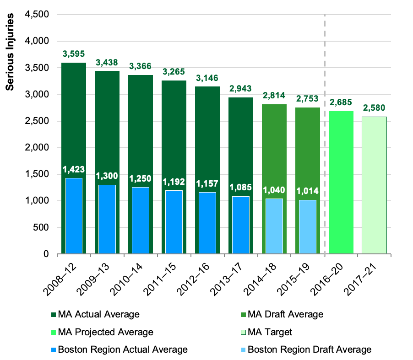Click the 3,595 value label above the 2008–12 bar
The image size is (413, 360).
click(74, 54)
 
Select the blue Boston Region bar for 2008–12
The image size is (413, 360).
click(74, 224)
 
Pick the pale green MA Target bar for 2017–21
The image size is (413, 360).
click(374, 185)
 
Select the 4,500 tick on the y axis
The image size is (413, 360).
click(36, 15)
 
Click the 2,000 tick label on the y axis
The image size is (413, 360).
click(36, 148)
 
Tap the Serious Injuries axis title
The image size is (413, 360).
click(11, 52)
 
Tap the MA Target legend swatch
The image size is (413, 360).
click(243, 332)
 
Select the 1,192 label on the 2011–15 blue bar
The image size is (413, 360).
click(174, 182)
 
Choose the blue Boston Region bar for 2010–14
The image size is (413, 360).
click(141, 220)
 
